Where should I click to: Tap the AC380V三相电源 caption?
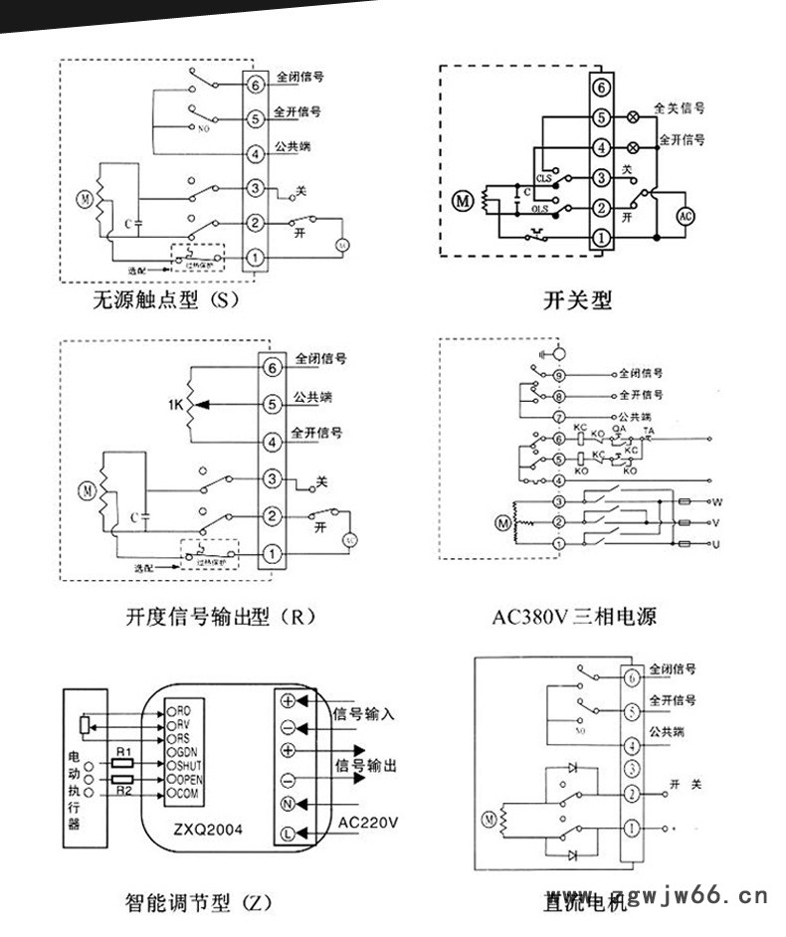click(574, 617)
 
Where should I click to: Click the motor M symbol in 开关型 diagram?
click(462, 201)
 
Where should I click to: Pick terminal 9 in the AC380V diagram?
click(559, 375)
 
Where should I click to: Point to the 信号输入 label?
click(365, 713)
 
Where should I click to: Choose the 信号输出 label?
click(365, 766)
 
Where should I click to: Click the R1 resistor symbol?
click(121, 764)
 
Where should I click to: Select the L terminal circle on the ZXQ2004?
click(289, 832)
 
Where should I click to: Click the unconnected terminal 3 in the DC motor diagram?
click(631, 768)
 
